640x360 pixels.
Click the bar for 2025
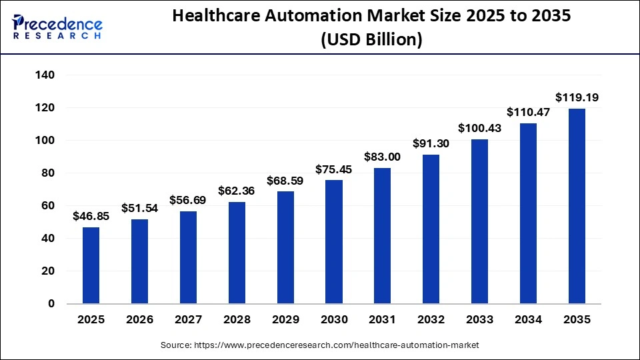click(91, 265)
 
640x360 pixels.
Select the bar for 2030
click(334, 242)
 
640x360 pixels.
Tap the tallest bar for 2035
click(577, 206)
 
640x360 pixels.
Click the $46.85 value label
click(91, 217)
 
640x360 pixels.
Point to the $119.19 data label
click(577, 98)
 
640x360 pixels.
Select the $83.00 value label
click(383, 157)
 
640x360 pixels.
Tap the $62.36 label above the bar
click(237, 191)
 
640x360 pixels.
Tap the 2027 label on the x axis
click(188, 320)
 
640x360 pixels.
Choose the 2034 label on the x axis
click(528, 320)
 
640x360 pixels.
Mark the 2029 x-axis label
click(285, 320)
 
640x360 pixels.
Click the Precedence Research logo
click(57, 26)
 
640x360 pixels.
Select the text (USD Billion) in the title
click(371, 40)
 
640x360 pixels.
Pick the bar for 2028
click(237, 253)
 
